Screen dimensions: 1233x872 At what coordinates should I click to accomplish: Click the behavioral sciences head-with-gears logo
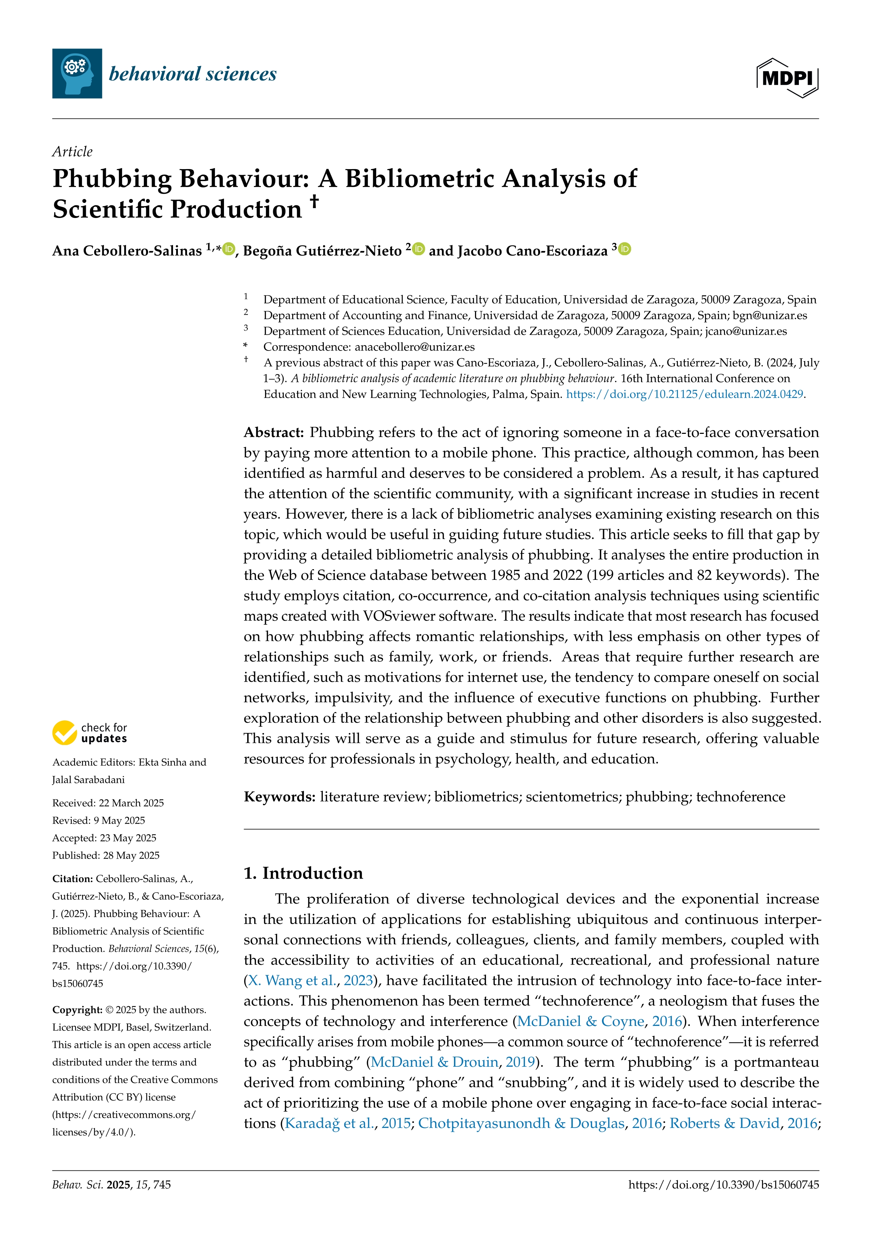pyautogui.click(x=77, y=73)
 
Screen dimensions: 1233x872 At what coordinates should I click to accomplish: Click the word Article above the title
pyautogui.click(x=72, y=152)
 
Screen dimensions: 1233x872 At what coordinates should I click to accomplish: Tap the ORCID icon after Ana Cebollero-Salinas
pyautogui.click(x=229, y=249)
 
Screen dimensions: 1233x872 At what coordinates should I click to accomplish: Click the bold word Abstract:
pyautogui.click(x=274, y=432)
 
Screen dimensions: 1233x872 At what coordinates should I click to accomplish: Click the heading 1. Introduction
pyautogui.click(x=303, y=873)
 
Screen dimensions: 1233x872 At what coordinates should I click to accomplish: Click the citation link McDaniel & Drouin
pyautogui.click(x=434, y=1062)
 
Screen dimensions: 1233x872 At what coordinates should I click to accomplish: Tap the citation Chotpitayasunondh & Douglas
pyautogui.click(x=521, y=1123)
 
